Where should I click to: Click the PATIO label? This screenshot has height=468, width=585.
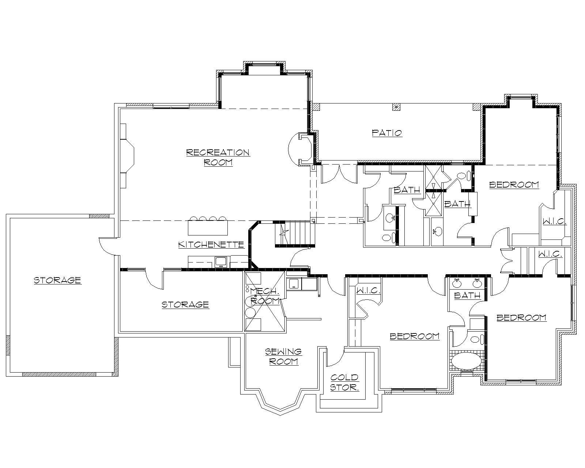(x=387, y=133)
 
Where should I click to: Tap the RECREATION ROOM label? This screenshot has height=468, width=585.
(x=218, y=157)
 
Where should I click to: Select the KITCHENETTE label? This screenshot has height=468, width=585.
(x=211, y=244)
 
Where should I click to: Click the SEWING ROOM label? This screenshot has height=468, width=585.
(x=283, y=356)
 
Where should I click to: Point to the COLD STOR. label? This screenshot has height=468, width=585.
(x=344, y=382)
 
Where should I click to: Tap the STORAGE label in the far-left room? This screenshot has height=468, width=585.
(x=57, y=280)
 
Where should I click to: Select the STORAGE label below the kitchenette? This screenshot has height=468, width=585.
(x=185, y=305)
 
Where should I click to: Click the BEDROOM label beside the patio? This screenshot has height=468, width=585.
(x=514, y=185)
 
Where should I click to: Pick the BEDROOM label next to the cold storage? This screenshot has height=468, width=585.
(x=415, y=336)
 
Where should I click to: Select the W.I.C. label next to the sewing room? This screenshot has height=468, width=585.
(x=369, y=291)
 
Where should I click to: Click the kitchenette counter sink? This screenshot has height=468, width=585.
(x=221, y=261)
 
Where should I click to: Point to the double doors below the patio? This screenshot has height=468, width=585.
(x=339, y=174)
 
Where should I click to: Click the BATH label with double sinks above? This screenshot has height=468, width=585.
(x=467, y=295)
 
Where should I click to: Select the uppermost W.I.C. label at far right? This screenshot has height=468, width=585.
(x=554, y=222)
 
